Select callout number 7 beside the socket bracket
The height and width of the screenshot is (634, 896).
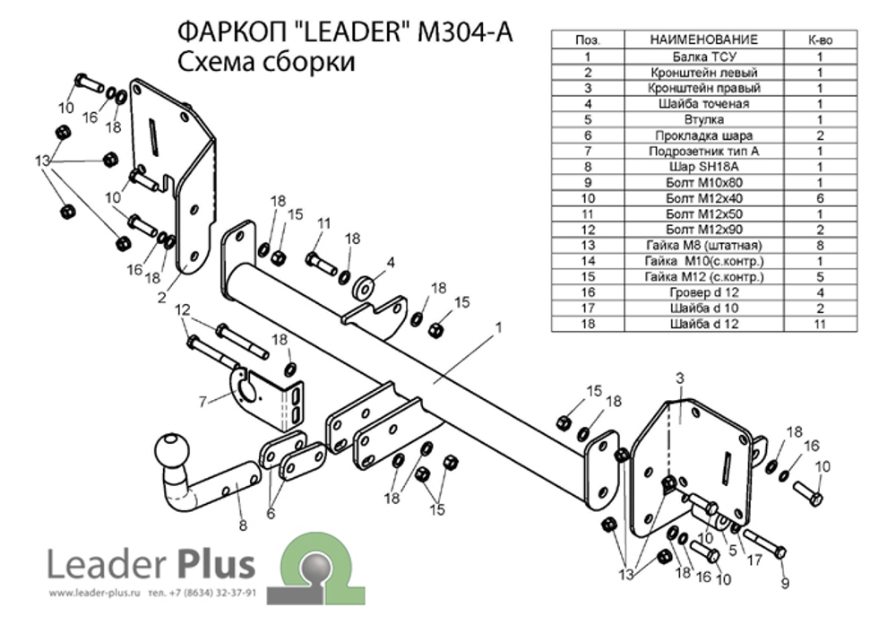(203, 399)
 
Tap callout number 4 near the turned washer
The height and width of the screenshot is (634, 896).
(391, 263)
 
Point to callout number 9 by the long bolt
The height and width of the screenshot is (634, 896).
(786, 584)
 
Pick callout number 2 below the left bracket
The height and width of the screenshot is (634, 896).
(162, 298)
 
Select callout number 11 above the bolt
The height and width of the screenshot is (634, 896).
(323, 223)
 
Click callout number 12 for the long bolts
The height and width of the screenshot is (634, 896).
(182, 309)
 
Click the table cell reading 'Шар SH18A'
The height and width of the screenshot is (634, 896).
(703, 167)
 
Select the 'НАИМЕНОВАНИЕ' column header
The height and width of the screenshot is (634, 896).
(703, 39)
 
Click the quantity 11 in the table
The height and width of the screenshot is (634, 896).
(819, 324)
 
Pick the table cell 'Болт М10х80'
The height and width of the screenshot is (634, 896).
(703, 182)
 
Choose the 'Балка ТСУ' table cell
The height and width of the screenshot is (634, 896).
(703, 56)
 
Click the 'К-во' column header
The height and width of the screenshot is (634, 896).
(819, 39)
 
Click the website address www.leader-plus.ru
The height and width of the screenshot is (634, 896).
(96, 594)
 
